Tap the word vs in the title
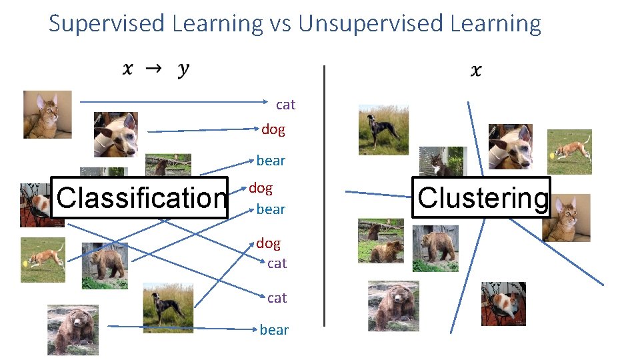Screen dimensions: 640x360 click(281, 24)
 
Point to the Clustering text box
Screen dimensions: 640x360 click(481, 197)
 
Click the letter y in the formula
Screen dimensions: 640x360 click(183, 70)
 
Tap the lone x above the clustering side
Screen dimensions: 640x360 click(475, 70)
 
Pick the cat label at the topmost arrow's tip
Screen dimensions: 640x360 click(285, 105)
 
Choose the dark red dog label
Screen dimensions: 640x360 click(273, 129)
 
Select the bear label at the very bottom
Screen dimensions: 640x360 click(274, 330)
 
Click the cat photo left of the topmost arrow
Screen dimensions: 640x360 click(47, 115)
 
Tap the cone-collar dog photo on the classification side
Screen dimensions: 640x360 click(115, 134)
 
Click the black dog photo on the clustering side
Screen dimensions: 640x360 click(383, 130)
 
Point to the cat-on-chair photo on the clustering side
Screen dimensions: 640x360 click(503, 304)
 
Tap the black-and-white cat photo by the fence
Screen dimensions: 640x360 click(440, 161)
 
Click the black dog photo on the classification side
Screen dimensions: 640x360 click(167, 308)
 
